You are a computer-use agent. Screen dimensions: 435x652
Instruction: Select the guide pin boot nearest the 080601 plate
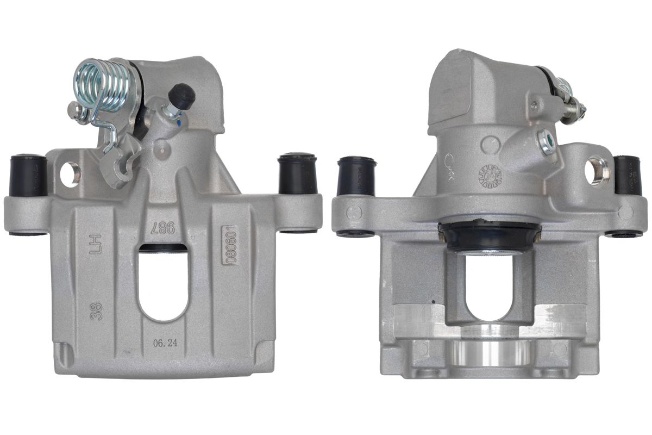(x=297, y=174)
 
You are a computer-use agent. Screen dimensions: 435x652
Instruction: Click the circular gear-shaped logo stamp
(x=490, y=176)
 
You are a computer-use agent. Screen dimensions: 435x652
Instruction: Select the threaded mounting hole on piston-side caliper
(x=597, y=170)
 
